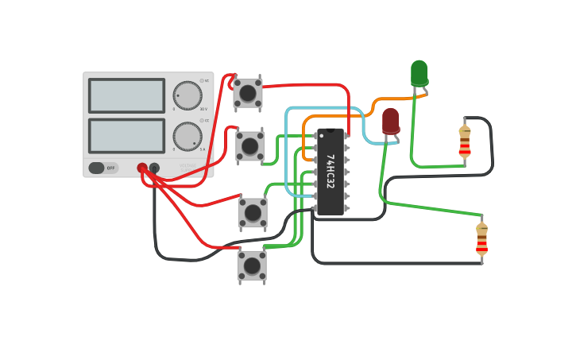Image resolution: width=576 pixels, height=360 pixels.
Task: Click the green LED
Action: tap(419, 73)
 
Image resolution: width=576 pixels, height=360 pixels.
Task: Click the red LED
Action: tap(391, 121)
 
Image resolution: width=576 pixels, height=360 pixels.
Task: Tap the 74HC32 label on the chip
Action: tap(330, 171)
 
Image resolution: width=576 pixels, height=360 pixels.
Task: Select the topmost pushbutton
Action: tap(248, 93)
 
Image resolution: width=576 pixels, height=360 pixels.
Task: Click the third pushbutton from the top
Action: tap(253, 212)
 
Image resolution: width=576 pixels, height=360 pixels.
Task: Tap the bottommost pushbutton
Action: tap(252, 265)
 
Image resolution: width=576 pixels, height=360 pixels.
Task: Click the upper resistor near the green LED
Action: tap(465, 141)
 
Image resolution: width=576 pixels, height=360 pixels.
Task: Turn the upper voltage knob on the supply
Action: tap(187, 95)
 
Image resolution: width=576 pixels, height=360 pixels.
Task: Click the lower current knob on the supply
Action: tap(187, 136)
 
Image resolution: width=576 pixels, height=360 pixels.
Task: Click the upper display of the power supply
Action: tap(126, 95)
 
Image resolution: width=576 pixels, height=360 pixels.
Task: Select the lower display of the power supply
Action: tap(126, 136)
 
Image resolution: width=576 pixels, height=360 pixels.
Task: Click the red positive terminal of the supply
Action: tap(142, 168)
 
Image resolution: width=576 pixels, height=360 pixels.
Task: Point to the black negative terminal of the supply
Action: tap(154, 168)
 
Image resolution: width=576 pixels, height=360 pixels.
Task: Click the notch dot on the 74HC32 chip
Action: tap(331, 130)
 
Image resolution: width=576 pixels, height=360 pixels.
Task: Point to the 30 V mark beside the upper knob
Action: tap(203, 110)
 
